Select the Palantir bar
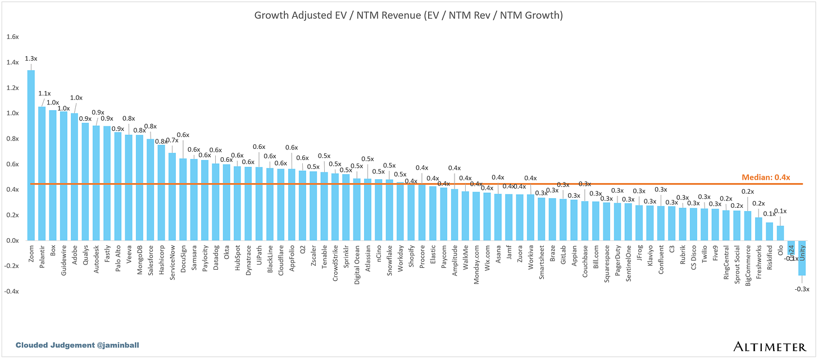pyautogui.click(x=42, y=174)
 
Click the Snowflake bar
pyautogui.click(x=389, y=210)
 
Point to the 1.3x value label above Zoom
pyautogui.click(x=31, y=58)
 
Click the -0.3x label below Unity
pyautogui.click(x=802, y=289)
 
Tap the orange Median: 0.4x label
pyautogui.click(x=765, y=177)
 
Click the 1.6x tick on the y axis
pyautogui.click(x=12, y=37)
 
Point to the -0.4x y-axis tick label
pyautogui.click(x=12, y=291)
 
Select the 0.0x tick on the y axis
pyautogui.click(x=12, y=240)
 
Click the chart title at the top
pyautogui.click(x=408, y=15)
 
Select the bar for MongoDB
pyautogui.click(x=139, y=188)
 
